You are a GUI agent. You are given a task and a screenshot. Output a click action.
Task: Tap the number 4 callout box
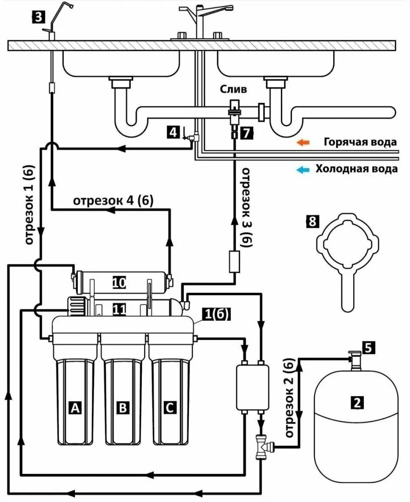(x=173, y=133)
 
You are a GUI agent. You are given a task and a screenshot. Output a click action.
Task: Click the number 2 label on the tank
(x=357, y=402)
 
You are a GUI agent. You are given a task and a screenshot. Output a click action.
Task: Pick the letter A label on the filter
(x=75, y=408)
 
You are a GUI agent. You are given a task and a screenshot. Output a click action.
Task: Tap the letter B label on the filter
(x=122, y=408)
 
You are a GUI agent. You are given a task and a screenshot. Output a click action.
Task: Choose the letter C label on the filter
(x=169, y=408)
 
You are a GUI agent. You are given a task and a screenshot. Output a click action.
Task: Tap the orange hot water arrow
(x=302, y=142)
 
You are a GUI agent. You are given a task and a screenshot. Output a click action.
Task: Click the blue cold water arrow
(x=302, y=169)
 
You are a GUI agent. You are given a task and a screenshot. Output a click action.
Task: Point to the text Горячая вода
(x=356, y=142)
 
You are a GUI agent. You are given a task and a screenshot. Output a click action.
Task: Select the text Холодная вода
(x=356, y=169)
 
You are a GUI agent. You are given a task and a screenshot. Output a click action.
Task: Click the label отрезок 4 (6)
(x=114, y=200)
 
